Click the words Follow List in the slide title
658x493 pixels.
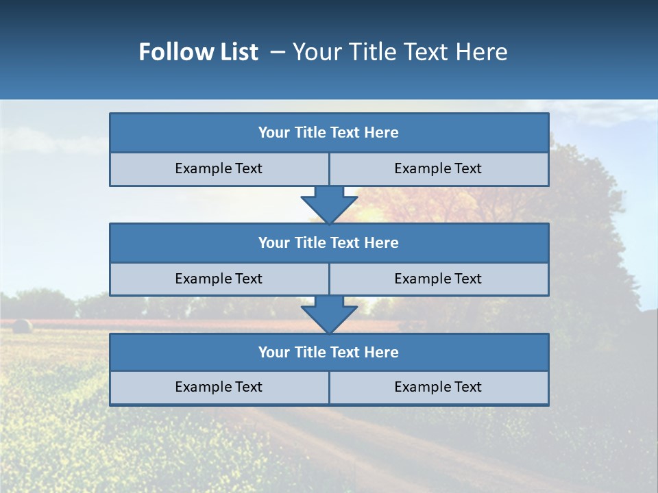[x=198, y=52]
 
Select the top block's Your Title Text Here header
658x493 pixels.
[x=329, y=133]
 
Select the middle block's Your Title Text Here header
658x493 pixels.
[x=329, y=243]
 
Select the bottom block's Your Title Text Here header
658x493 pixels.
[x=329, y=353]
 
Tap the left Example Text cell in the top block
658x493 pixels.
[x=219, y=169]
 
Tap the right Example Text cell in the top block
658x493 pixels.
[x=439, y=169]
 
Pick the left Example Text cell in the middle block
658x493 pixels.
[x=219, y=279]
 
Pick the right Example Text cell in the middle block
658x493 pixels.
[x=439, y=279]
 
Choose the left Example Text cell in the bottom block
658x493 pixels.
[x=219, y=388]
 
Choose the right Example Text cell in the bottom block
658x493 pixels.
[x=439, y=388]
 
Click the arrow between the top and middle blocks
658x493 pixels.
[x=329, y=204]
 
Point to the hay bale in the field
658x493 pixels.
[x=22, y=326]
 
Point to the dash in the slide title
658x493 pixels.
[x=278, y=52]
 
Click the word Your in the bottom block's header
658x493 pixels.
[x=274, y=353]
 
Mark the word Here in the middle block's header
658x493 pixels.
[x=382, y=243]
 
